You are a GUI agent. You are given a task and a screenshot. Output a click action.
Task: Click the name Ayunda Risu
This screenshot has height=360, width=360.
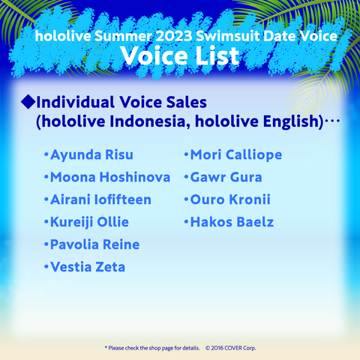(91, 155)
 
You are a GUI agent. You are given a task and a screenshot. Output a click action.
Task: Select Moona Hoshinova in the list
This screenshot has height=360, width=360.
(110, 177)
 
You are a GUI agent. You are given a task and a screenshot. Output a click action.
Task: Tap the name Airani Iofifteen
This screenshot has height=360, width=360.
(100, 199)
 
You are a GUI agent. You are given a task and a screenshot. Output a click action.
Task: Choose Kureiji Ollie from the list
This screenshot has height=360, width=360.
(89, 223)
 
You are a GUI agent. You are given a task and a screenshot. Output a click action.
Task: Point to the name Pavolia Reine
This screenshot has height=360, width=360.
(95, 244)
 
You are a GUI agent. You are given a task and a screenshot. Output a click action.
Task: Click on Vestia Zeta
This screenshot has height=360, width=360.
(88, 267)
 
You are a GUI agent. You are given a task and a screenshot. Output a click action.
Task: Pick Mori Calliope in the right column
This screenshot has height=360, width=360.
(236, 155)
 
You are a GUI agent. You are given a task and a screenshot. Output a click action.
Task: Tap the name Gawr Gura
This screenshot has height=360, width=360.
(226, 177)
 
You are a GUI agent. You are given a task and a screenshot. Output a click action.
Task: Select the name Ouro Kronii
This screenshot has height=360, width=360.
(230, 199)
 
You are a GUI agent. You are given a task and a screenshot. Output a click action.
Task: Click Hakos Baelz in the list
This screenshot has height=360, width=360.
(232, 222)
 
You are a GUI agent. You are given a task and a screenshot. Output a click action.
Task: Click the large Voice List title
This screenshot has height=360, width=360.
(180, 56)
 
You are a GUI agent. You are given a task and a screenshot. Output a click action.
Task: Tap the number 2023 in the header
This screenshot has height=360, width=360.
(174, 36)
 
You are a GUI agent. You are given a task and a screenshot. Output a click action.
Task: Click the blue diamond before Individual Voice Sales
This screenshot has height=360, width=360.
(28, 102)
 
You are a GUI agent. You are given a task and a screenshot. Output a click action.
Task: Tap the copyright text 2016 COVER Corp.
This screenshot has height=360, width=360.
(231, 348)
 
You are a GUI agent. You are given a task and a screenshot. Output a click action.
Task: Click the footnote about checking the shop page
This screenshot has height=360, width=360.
(152, 348)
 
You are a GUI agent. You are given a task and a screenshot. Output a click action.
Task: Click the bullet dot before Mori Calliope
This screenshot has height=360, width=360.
(186, 154)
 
